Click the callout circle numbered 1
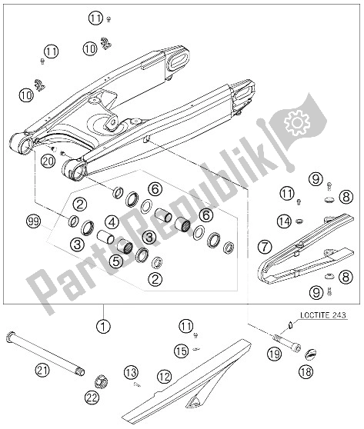(103, 327)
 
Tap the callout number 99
(33, 221)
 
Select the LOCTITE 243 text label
(323, 315)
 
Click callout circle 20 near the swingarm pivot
(48, 161)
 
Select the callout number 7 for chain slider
(265, 247)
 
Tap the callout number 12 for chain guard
(165, 377)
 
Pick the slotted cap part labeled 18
(311, 354)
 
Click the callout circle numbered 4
(112, 222)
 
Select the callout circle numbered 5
(116, 261)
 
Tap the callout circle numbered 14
(285, 221)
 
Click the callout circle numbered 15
(182, 351)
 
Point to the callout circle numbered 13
(131, 372)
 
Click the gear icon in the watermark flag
(297, 122)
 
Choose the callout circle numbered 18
(306, 372)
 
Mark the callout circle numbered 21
(42, 371)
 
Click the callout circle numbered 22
(92, 397)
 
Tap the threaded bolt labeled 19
(287, 343)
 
